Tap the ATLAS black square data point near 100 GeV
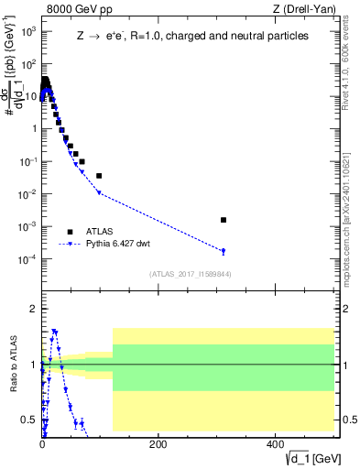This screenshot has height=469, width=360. point(99,175)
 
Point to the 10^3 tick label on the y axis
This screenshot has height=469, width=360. point(27,30)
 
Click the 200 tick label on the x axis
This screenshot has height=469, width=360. point(158,444)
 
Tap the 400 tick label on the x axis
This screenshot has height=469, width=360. point(274,444)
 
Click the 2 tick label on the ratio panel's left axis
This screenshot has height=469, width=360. point(33,310)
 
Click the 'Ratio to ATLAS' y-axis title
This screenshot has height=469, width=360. point(12,365)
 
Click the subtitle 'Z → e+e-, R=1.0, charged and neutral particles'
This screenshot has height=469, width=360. point(192,36)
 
